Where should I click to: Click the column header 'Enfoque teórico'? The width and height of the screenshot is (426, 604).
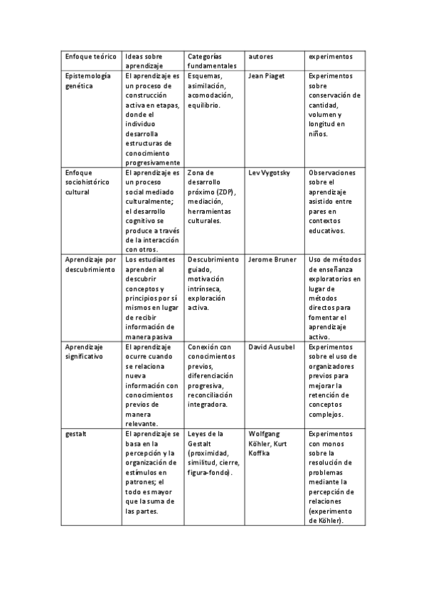[90, 56]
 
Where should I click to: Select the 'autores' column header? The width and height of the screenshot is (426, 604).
[261, 56]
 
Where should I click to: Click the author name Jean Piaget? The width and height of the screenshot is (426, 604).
[268, 75]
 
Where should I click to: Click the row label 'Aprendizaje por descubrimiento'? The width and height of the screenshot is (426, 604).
[90, 265]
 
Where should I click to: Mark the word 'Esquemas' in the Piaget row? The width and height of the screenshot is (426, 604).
[206, 75]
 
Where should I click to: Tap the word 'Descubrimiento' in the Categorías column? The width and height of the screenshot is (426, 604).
[214, 260]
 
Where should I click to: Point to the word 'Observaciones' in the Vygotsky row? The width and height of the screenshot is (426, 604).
[332, 173]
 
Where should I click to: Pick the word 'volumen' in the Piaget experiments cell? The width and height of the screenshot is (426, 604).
[324, 115]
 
